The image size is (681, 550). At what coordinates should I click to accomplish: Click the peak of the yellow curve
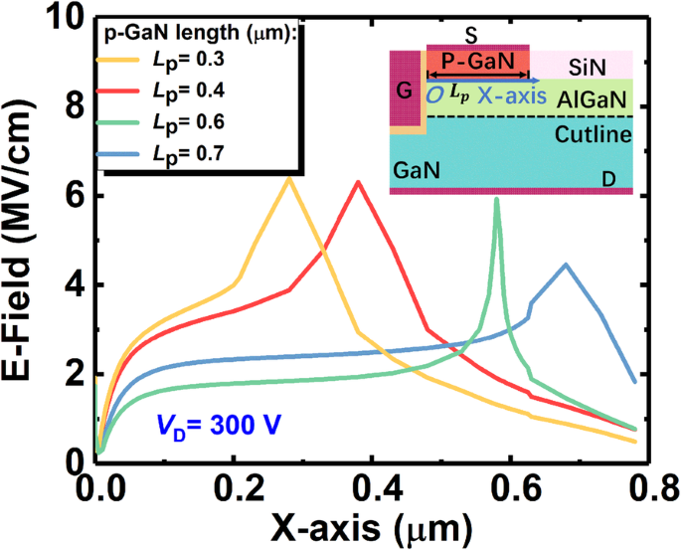[288, 178]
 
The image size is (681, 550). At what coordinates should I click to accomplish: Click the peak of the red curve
[358, 182]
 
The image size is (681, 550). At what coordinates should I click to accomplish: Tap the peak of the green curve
[496, 200]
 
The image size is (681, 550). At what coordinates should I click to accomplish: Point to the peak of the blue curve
[566, 265]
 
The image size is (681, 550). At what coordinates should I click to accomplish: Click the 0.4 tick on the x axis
[374, 487]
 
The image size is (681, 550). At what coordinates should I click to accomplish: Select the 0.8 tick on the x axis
[651, 487]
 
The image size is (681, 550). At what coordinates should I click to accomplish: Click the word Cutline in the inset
[592, 133]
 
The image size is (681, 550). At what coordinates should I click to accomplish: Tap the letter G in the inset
[403, 92]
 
